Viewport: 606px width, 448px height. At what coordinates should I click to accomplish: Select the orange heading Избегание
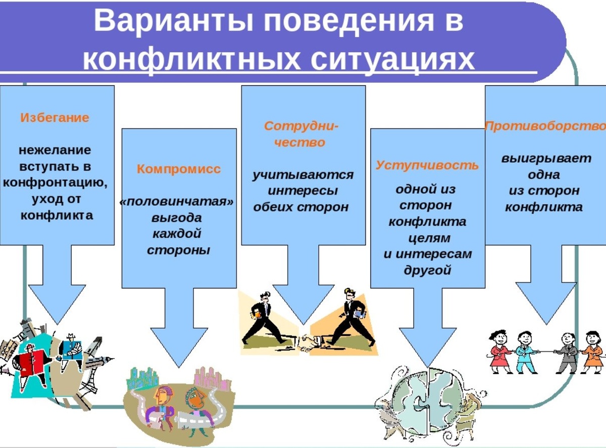pyautogui.click(x=55, y=118)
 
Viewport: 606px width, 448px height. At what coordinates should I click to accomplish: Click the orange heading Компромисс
pyautogui.click(x=179, y=169)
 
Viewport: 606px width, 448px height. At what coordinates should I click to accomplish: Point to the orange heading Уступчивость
pyautogui.click(x=427, y=165)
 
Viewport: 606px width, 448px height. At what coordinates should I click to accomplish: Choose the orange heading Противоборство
pyautogui.click(x=545, y=126)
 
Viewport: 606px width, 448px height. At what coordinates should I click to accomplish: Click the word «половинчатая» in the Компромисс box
pyautogui.click(x=177, y=202)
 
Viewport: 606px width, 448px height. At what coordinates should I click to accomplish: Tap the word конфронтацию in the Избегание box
pyautogui.click(x=55, y=182)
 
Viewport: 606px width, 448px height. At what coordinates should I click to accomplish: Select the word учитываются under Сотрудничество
pyautogui.click(x=302, y=175)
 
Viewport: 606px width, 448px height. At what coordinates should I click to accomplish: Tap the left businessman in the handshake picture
pyautogui.click(x=263, y=318)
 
